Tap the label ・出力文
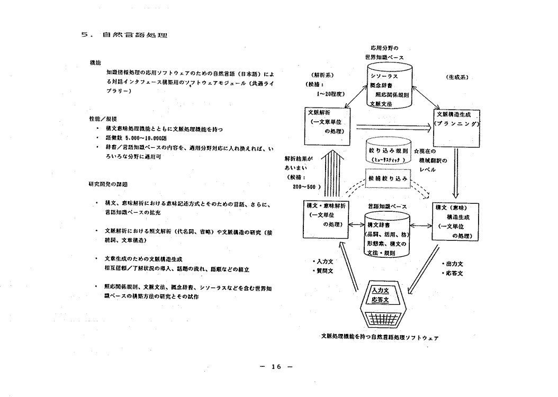click(453, 263)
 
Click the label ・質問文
click(323, 271)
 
